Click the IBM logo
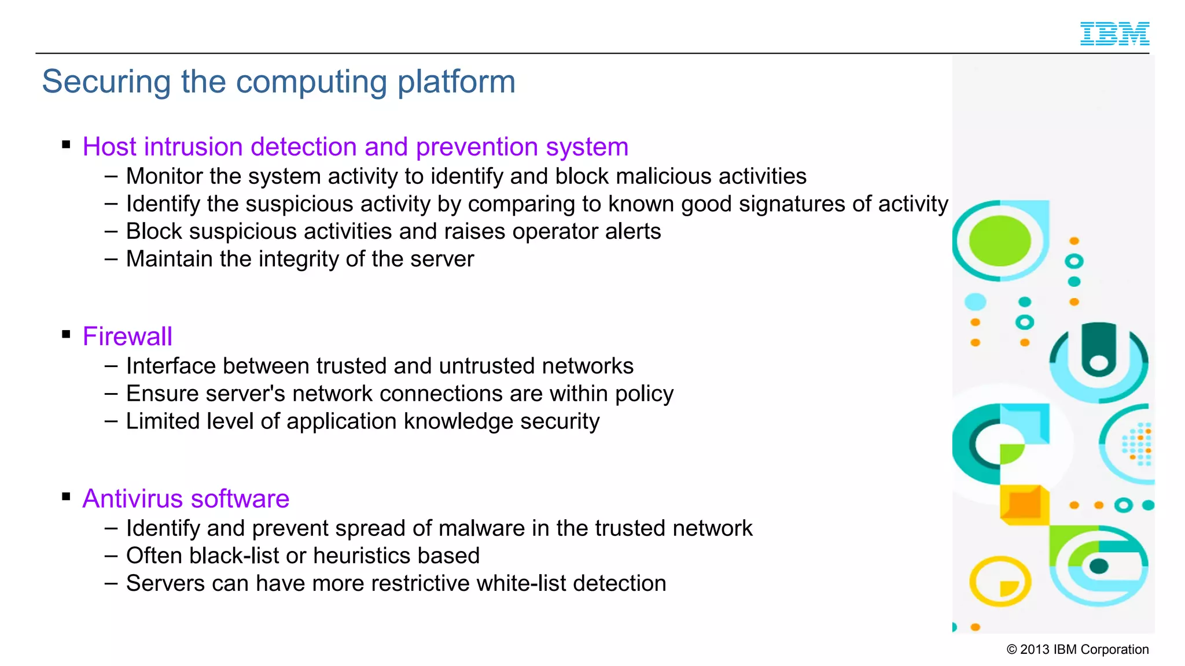point(1114,34)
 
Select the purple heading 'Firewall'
point(127,336)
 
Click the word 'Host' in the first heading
point(109,147)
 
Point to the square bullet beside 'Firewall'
point(66,334)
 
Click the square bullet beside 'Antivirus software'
point(66,497)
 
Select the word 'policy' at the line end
point(644,394)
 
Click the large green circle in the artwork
point(999,240)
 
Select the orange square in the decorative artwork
point(1024,504)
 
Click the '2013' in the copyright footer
point(1035,649)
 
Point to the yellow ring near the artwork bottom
point(999,581)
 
